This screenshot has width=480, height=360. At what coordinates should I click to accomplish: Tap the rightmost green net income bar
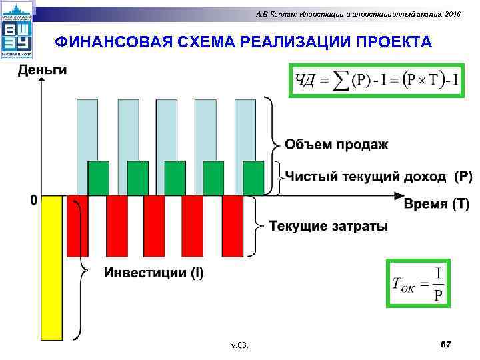253,178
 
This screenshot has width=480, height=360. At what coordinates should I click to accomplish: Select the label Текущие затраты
328,226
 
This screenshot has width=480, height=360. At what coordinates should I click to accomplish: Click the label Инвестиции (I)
153,272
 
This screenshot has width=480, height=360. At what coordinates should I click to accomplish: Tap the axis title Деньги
41,69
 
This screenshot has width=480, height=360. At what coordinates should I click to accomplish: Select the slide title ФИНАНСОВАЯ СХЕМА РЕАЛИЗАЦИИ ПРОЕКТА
243,43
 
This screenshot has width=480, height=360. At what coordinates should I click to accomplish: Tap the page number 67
446,344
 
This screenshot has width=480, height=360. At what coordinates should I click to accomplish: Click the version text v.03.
239,345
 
